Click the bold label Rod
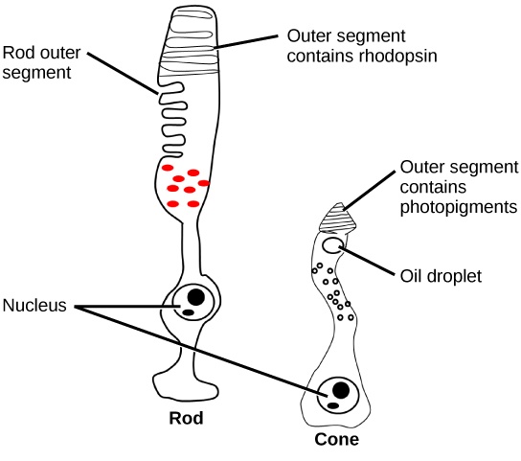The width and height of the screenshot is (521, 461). (186, 419)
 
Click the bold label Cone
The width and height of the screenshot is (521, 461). (337, 441)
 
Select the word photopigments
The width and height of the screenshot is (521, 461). (459, 207)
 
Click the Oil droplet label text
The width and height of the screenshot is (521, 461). (440, 276)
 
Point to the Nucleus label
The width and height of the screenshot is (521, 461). (34, 307)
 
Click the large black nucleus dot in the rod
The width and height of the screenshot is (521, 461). (195, 296)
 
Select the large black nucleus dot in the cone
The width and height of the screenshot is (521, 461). (339, 390)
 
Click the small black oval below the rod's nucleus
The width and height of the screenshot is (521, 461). (190, 312)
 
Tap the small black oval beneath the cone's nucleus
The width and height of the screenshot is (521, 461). (332, 406)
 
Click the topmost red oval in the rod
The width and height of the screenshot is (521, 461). (175, 168)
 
